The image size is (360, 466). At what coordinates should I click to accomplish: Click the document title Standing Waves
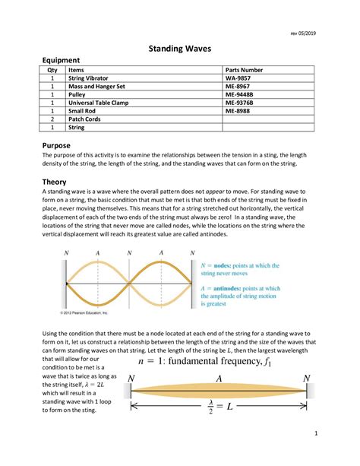(x=179, y=48)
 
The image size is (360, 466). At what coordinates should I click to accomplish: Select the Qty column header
(x=52, y=69)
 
